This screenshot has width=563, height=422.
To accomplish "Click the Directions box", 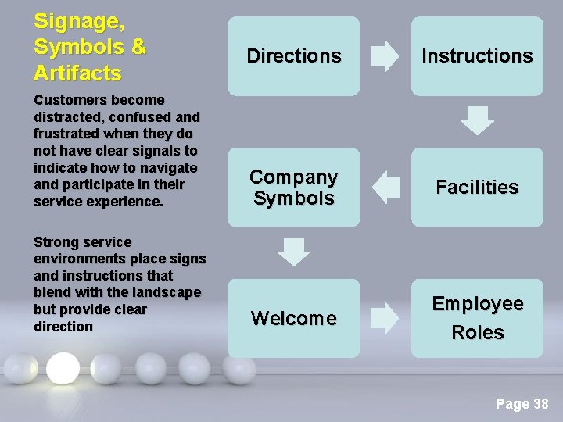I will click(293, 56).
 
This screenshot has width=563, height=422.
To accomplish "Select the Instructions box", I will click(477, 56).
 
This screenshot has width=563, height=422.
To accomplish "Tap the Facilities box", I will click(477, 188).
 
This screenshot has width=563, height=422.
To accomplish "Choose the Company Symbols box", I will click(293, 188).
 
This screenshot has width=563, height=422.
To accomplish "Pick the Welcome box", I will click(293, 318).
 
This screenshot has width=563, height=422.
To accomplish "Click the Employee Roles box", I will click(477, 318).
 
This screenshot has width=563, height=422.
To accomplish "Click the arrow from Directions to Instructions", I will click(384, 56).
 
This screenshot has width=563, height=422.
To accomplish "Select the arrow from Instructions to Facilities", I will click(477, 121).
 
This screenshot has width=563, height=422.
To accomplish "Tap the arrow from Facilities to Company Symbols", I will click(385, 188).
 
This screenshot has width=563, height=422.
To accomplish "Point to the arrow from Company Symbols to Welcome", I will click(294, 252).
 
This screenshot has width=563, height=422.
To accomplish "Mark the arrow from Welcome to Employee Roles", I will click(384, 318).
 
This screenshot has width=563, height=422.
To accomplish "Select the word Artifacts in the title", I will click(77, 73).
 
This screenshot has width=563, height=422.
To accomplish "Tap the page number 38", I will click(540, 404).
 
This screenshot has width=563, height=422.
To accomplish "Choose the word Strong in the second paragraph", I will click(54, 242).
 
